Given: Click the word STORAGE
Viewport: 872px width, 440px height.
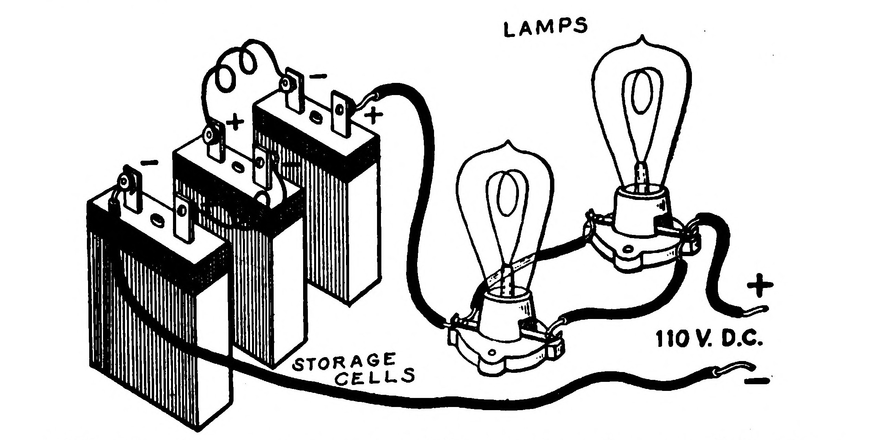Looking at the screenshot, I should point(344,361).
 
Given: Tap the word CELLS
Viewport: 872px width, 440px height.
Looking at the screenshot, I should point(377,377).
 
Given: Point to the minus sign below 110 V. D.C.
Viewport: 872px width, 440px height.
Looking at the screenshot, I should point(756,381).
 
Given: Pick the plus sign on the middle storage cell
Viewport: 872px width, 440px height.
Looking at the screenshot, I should point(235,122).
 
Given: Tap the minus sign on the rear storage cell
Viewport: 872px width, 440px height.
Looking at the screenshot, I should point(320,75).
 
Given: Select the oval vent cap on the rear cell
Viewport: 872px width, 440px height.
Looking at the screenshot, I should point(316,116).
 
